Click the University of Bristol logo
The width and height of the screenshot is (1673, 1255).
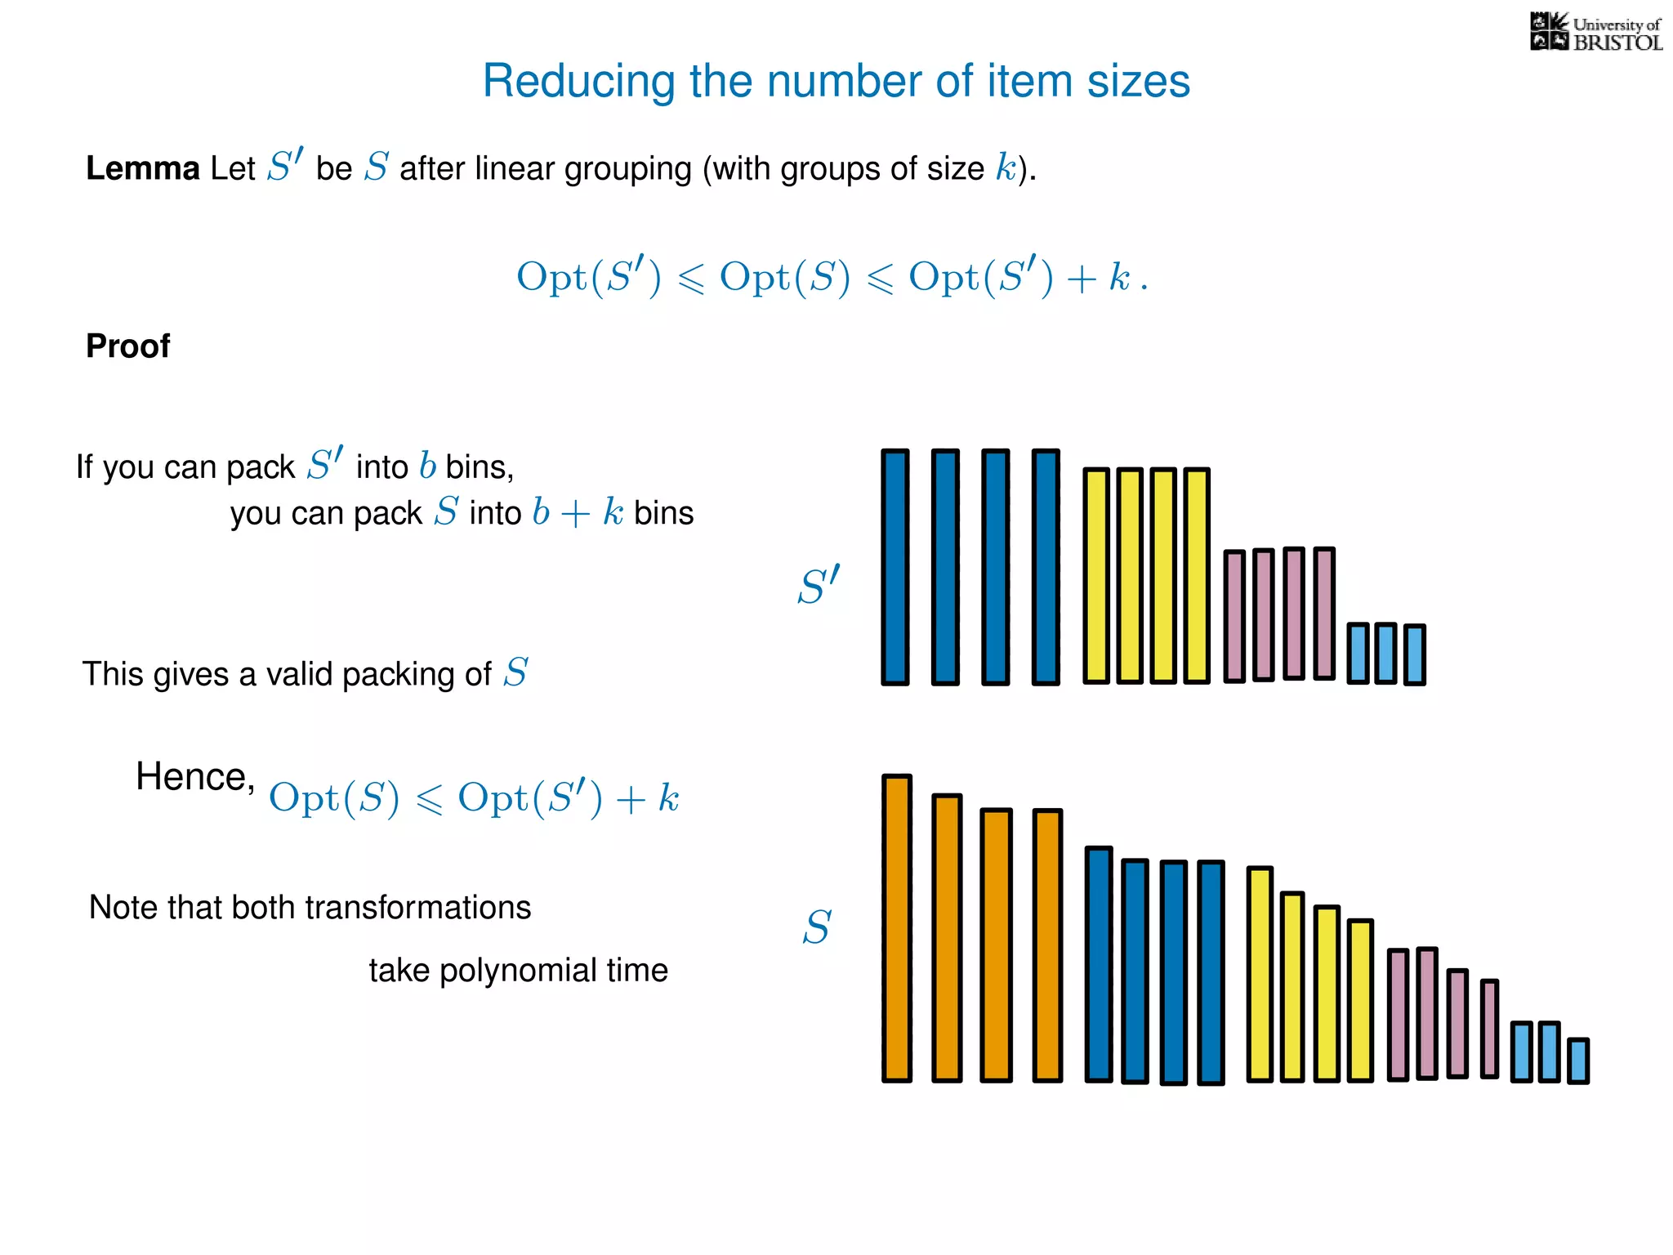coord(1595,33)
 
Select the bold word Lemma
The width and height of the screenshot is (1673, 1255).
coord(143,169)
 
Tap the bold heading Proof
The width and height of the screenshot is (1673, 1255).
coord(128,346)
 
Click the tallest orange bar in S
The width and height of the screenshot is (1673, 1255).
coord(896,927)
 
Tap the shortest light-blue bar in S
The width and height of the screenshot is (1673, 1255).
coord(1578,1061)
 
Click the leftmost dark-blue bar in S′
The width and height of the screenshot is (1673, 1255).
coord(895,566)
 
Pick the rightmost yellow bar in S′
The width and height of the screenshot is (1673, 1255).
coord(1196,575)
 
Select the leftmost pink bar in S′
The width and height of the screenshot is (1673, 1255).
coord(1234,616)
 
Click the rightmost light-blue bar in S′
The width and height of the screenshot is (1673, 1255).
coord(1415,654)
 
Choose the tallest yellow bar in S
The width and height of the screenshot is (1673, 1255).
coord(1260,974)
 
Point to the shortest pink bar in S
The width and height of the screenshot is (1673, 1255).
coord(1489,1029)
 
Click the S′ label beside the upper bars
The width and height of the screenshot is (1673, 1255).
coord(818,586)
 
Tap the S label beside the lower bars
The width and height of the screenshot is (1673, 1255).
coord(817,927)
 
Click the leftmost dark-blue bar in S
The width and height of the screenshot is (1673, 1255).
coord(1099,964)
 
